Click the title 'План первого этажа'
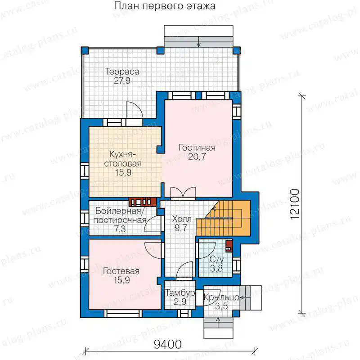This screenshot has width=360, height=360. coord(165,6)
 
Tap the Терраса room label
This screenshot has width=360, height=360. coord(122,72)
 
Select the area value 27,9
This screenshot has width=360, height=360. coord(122,81)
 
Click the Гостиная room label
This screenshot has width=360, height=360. coord(197,148)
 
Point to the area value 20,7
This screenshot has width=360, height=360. coord(197,157)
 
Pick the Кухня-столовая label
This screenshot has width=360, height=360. coord(123,159)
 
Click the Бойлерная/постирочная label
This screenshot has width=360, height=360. coord(120,216)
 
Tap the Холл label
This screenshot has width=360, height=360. coord(182,219)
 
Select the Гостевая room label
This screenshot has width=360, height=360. coord(121,271)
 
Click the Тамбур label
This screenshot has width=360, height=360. coord(180,293)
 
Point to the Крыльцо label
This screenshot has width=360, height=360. coord(221,297)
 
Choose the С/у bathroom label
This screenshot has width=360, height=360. coord(216,260)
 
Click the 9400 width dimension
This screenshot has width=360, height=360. coord(167,344)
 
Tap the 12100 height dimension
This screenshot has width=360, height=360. coord(295,204)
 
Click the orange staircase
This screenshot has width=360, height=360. coord(227,218)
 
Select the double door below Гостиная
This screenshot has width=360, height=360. coord(183,192)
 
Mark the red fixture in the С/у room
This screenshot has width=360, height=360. coord(229,246)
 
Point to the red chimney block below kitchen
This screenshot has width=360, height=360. coord(142,202)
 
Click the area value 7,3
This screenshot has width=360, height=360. coord(120,229)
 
